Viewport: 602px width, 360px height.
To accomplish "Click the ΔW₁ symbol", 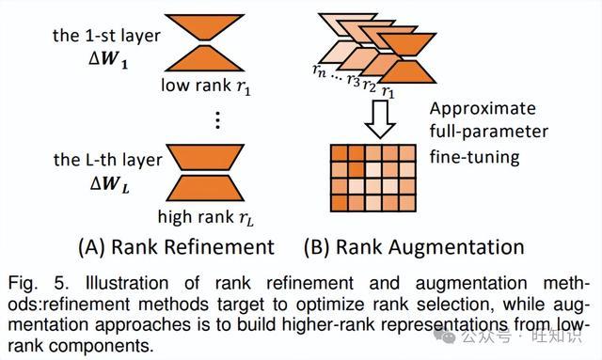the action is click(x=108, y=60).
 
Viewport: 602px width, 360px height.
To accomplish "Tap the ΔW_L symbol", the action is click(x=110, y=184).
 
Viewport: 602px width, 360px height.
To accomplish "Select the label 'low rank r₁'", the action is click(x=206, y=86).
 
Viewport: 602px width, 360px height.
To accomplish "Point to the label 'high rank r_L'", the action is click(x=206, y=218).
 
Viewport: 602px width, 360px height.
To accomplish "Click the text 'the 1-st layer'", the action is click(x=106, y=36).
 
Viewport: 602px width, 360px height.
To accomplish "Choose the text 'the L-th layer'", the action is click(x=108, y=160).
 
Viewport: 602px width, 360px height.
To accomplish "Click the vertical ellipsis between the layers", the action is click(x=217, y=120).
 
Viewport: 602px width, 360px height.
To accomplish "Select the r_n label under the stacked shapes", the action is click(x=320, y=70).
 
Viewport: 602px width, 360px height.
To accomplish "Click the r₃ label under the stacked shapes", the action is click(x=354, y=80).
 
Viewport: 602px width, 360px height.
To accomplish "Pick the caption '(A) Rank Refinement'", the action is click(x=176, y=247).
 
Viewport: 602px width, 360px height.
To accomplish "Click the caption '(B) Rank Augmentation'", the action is click(x=414, y=247).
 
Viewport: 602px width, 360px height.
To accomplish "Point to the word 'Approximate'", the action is click(x=483, y=109).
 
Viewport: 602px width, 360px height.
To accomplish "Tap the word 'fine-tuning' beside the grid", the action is click(x=474, y=157).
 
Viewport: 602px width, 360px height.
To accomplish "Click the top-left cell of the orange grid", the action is click(x=340, y=153).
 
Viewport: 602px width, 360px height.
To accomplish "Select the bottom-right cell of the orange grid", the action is click(x=407, y=203).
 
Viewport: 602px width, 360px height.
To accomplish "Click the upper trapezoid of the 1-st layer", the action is click(x=205, y=27).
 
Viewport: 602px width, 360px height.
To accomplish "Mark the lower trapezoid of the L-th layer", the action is click(x=205, y=188).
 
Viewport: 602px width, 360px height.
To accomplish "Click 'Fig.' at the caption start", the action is click(x=23, y=284).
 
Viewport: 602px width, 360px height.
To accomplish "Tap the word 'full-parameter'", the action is click(x=489, y=132).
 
